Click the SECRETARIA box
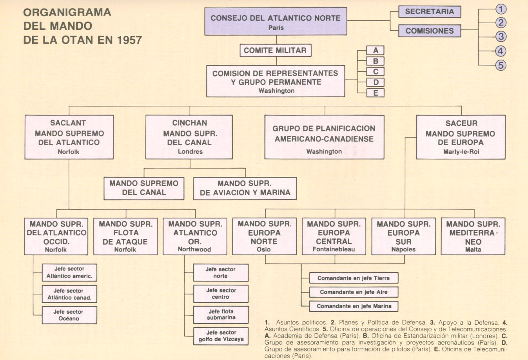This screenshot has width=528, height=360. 429,12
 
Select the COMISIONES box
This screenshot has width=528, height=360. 429,31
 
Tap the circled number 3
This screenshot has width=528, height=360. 501,36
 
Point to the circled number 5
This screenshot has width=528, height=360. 501,65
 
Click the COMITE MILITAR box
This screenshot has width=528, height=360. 275,50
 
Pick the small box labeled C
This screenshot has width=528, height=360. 376,72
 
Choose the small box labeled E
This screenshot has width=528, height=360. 376,93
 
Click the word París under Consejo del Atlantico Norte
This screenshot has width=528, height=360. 276,28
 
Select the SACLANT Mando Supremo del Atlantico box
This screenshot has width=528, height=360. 69,137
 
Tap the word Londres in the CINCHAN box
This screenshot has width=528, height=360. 190,152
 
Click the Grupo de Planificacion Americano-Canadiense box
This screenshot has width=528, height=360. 324,137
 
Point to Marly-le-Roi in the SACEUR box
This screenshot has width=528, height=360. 461,152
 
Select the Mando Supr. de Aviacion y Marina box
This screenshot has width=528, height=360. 245,188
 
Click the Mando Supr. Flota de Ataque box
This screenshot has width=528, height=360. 125,236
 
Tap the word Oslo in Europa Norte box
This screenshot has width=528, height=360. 264,249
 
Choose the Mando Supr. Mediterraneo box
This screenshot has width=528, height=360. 473,236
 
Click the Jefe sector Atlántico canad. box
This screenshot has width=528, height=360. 69,294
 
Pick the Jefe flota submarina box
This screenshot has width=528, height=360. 221,315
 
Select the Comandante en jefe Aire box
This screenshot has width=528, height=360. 354,292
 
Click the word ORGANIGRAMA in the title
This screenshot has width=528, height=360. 67,13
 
